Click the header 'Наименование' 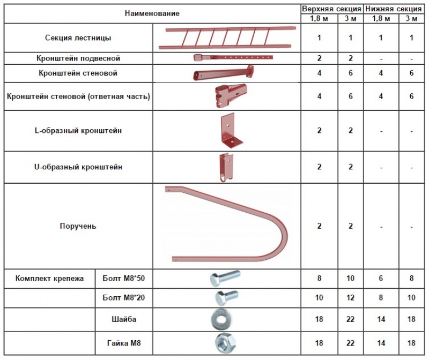152,13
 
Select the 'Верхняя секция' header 331,9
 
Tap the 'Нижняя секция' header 394,9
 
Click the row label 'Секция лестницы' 78,37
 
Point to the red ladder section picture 227,38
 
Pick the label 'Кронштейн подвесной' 78,58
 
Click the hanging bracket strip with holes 233,58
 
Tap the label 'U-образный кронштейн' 78,167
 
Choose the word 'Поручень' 78,226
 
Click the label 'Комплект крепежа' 49,279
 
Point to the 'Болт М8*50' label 124,278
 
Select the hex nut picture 225,343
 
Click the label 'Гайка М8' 124,343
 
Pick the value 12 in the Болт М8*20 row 351,297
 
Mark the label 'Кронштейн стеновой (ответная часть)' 78,96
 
